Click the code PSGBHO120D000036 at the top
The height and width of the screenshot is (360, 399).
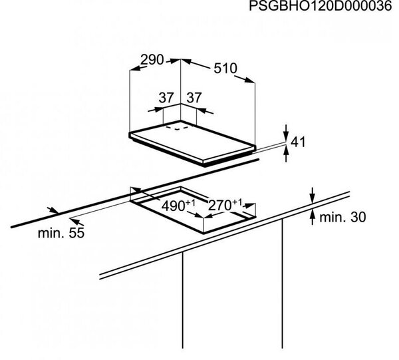(321, 5)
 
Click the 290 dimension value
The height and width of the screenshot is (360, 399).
(152, 60)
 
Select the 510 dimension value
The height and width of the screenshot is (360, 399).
(225, 69)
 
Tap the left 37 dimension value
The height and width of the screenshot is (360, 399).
(166, 98)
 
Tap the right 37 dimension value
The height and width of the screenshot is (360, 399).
(194, 98)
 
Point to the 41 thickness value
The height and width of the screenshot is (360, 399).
(298, 142)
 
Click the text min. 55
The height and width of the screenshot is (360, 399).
(61, 233)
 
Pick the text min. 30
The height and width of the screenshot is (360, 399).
(342, 217)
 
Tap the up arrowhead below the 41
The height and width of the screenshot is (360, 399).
(286, 152)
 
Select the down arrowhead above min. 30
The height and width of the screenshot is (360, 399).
(313, 198)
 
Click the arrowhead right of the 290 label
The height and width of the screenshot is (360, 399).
(175, 61)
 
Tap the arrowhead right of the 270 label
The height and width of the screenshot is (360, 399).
(249, 205)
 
